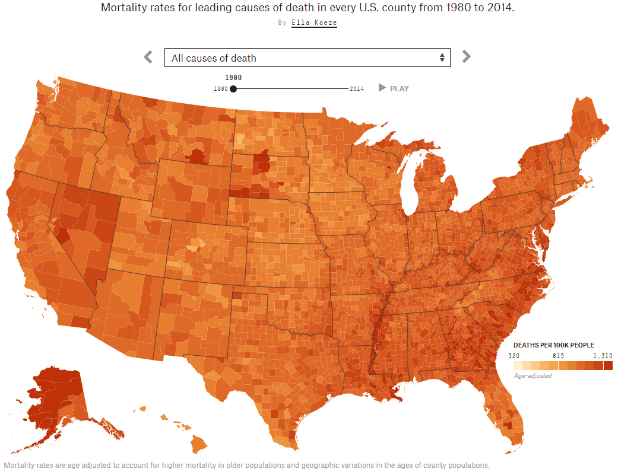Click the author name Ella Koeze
pos(314,23)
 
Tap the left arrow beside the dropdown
pos(148,57)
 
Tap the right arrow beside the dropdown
pos(466,57)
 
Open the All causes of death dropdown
pos(307,58)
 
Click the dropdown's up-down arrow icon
pos(442,58)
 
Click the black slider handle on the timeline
pos(233,89)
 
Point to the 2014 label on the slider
pos(357,89)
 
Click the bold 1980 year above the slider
pos(233,77)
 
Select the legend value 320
pos(514,356)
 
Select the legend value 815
pos(558,356)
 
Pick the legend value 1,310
pos(602,356)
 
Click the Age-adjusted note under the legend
pos(533,375)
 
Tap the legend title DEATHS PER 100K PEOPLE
pos(553,345)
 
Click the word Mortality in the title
pos(123,8)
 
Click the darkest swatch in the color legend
pos(608,365)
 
